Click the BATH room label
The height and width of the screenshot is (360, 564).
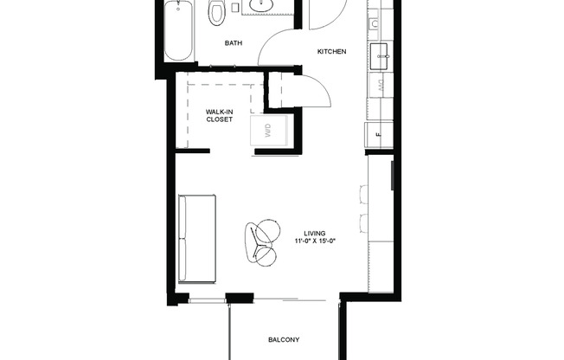234,42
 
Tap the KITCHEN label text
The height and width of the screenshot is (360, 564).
331,52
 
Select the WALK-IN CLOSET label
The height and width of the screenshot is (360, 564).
219,116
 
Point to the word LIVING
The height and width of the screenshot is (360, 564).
315,232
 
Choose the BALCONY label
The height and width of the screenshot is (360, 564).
283,340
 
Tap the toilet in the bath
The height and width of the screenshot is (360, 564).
217,11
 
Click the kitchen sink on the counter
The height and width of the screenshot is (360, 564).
381,57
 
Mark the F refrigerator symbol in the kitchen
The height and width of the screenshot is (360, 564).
379,134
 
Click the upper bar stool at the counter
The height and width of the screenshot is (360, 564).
361,196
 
